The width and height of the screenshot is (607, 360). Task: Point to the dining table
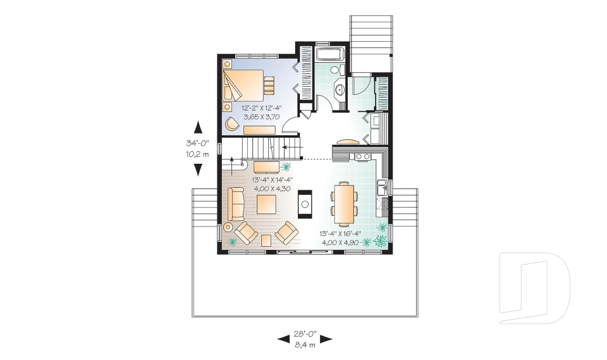pyautogui.click(x=344, y=203)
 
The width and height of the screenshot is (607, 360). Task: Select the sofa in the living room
pyautogui.click(x=236, y=203)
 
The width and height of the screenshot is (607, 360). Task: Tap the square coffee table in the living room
pyautogui.click(x=266, y=204)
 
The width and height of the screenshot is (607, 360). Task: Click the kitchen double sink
pyautogui.click(x=381, y=187)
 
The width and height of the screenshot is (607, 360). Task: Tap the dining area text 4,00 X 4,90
pyautogui.click(x=343, y=242)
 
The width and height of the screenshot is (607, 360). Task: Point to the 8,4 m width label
pyautogui.click(x=305, y=345)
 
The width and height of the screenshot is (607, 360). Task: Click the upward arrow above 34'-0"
pyautogui.click(x=197, y=126)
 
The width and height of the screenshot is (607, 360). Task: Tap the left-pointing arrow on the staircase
pyautogui.click(x=287, y=147)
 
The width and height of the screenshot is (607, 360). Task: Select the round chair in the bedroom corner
pyautogui.click(x=233, y=124)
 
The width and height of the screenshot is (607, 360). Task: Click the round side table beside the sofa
pyautogui.click(x=228, y=226)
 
